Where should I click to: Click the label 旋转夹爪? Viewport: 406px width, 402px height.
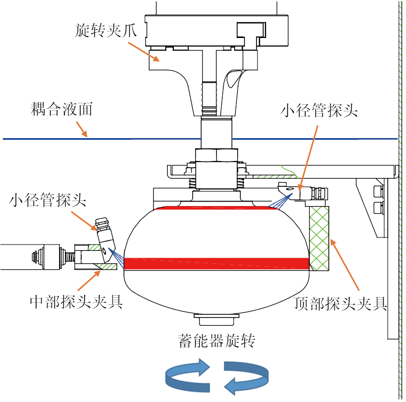click(x=105, y=30)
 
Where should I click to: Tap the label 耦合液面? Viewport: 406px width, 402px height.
click(x=62, y=109)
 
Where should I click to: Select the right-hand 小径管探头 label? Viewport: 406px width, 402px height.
click(x=319, y=110)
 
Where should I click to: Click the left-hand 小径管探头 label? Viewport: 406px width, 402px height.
click(x=47, y=200)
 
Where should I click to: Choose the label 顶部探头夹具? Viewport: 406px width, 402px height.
click(x=340, y=303)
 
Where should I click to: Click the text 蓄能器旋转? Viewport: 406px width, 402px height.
click(x=216, y=340)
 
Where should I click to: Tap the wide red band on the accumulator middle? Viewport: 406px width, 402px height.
click(x=216, y=264)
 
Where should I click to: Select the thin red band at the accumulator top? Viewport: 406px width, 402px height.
click(x=215, y=208)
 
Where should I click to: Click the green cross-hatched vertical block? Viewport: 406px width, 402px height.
click(x=319, y=238)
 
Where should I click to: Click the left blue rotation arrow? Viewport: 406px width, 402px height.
click(x=188, y=375)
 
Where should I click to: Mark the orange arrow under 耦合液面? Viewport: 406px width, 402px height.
click(x=82, y=129)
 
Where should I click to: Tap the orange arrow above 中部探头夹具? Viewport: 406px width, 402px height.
click(x=89, y=280)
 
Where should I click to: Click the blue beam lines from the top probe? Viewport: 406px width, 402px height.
click(x=281, y=200)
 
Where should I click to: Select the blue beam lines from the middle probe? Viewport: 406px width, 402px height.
click(x=116, y=258)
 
